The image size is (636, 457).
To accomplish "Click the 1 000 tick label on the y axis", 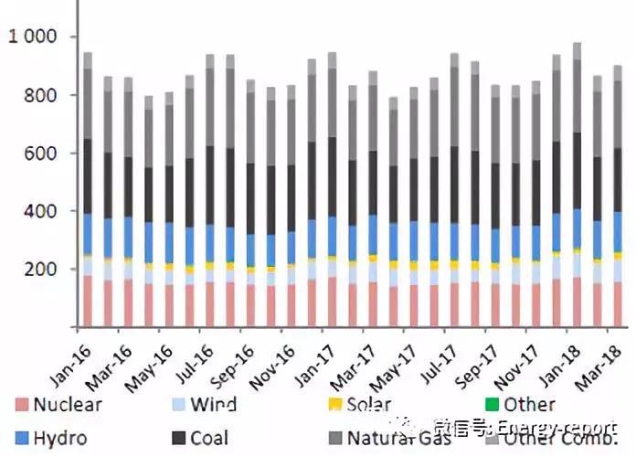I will (x=32, y=37).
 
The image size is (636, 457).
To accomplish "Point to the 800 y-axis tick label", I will (x=41, y=95).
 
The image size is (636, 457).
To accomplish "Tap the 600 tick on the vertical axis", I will (x=41, y=154).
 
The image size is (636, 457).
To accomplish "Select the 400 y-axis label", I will (x=41, y=211).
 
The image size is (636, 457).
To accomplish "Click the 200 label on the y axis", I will (x=41, y=270).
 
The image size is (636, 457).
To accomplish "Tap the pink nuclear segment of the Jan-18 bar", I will (x=577, y=302).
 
